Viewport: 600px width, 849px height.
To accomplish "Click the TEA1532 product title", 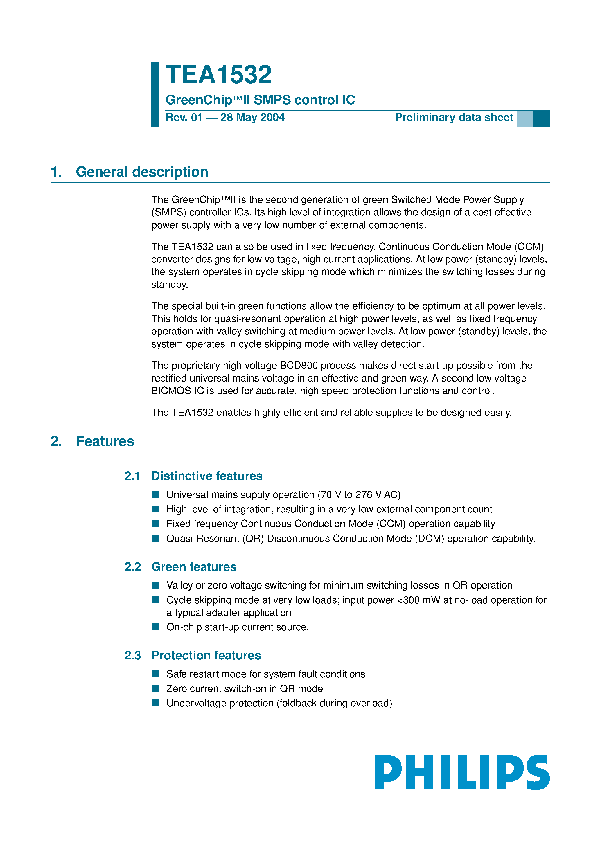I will pos(218,75).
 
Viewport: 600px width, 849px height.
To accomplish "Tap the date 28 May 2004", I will pos(252,118).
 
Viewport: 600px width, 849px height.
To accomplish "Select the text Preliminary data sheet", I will pos(454,118).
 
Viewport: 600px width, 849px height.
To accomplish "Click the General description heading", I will pos(142,172).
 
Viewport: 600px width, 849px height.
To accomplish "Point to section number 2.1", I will pos(132,476).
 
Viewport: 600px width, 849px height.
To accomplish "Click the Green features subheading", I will pos(194,567).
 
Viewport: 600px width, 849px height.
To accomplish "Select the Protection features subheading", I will pos(206,655).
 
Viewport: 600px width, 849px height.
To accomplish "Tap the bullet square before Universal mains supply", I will pos(155,494).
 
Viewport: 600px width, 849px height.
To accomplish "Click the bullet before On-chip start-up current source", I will pos(155,627).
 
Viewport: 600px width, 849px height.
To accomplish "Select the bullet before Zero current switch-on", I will pos(155,688).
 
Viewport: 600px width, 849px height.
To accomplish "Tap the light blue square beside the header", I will pos(525,119).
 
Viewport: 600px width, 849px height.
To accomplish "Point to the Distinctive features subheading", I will pos(207,476).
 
